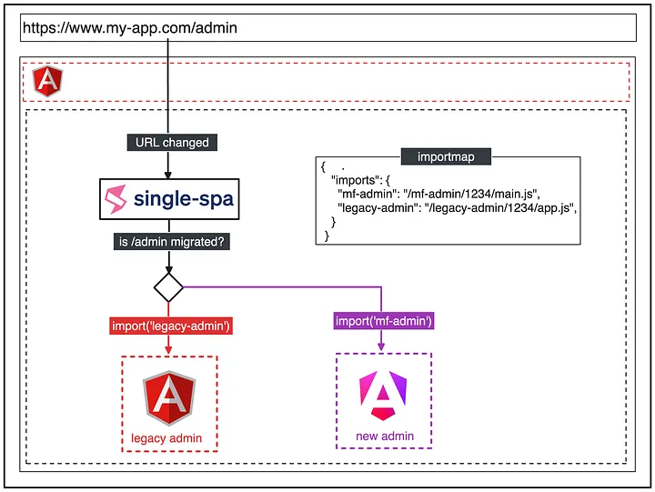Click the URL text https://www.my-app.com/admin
(x=130, y=28)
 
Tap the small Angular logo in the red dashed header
(x=47, y=81)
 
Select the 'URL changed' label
(x=172, y=143)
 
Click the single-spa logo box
(x=169, y=199)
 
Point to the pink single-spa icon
(x=116, y=199)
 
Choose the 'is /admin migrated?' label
(x=172, y=242)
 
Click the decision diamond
(x=168, y=287)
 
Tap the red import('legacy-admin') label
(x=171, y=326)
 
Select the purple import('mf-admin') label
(x=384, y=321)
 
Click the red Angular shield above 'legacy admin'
(x=169, y=397)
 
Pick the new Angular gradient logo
(x=383, y=395)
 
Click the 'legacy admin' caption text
(x=166, y=438)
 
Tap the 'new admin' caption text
(x=385, y=436)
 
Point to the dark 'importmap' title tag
(x=446, y=156)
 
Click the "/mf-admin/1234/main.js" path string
(x=471, y=194)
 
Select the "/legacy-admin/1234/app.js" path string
(x=500, y=208)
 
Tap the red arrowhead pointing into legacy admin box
(x=168, y=350)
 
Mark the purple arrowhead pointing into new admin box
(x=381, y=346)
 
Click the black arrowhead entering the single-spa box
(x=168, y=175)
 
